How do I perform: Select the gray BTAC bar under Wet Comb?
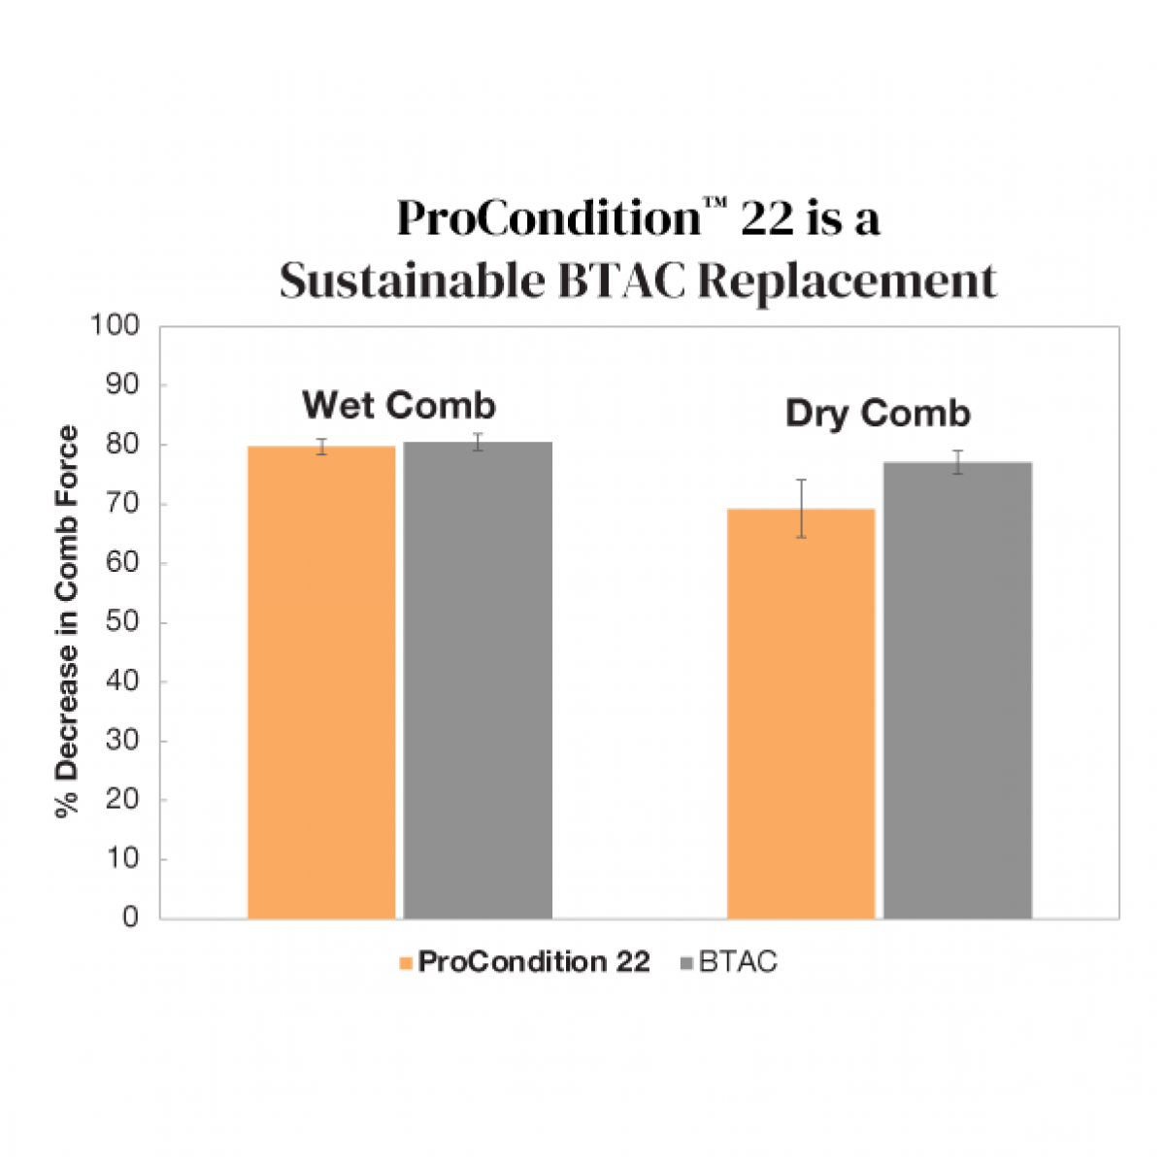coord(478,680)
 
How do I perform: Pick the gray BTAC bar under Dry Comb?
coord(957,690)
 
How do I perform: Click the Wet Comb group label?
coord(399,405)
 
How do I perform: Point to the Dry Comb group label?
coord(878,414)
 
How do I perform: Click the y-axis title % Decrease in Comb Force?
coord(67,621)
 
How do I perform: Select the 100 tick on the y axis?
coord(115,325)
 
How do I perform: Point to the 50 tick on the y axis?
coord(122,622)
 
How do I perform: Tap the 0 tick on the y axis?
coord(130,917)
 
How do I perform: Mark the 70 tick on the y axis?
coord(122,504)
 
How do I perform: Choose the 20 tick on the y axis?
coord(122,799)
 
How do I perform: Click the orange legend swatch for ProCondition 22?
coord(406,963)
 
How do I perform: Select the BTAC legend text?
coord(738,962)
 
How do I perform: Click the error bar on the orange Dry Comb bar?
coord(801,508)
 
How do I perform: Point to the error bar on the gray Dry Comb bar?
coord(957,462)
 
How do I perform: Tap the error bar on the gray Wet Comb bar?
coord(478,442)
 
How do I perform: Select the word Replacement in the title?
coord(848,282)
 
